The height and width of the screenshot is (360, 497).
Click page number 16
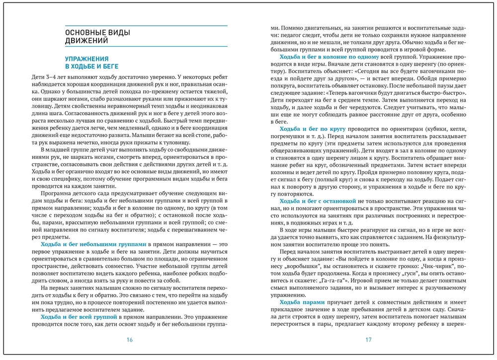pos(130,340)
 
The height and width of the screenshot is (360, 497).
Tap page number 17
pos(368,340)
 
